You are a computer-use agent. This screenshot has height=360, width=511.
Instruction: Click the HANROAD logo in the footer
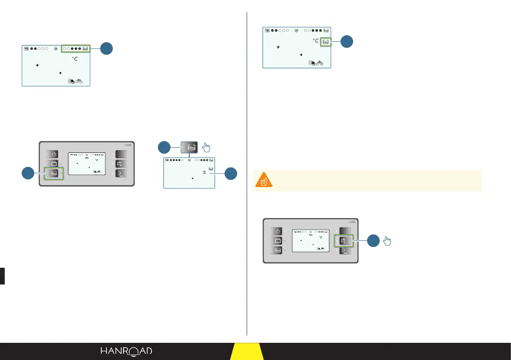coord(127,351)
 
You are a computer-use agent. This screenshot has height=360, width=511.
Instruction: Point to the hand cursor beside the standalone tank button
coord(207,148)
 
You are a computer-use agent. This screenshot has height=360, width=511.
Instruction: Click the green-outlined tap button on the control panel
coord(343,241)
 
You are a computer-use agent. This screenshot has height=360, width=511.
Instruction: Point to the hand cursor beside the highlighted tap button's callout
coord(387,241)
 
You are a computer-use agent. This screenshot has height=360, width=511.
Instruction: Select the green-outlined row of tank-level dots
coord(76,48)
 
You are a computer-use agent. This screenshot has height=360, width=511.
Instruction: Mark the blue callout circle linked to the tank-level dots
coord(106,48)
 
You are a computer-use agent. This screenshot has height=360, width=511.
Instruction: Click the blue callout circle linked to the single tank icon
coord(347,42)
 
